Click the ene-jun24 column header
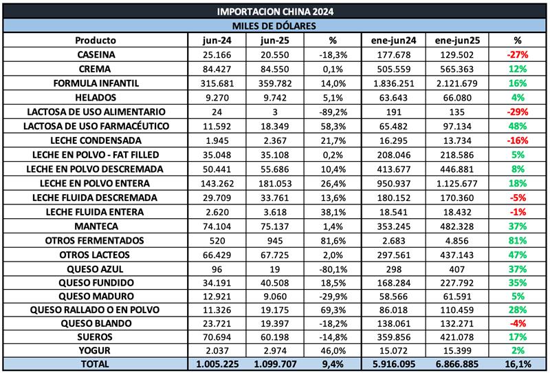pos(395,40)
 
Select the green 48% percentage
pos(517,126)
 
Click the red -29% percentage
pos(517,111)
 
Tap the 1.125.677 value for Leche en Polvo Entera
pos(456,182)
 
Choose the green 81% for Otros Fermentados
pos(517,239)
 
